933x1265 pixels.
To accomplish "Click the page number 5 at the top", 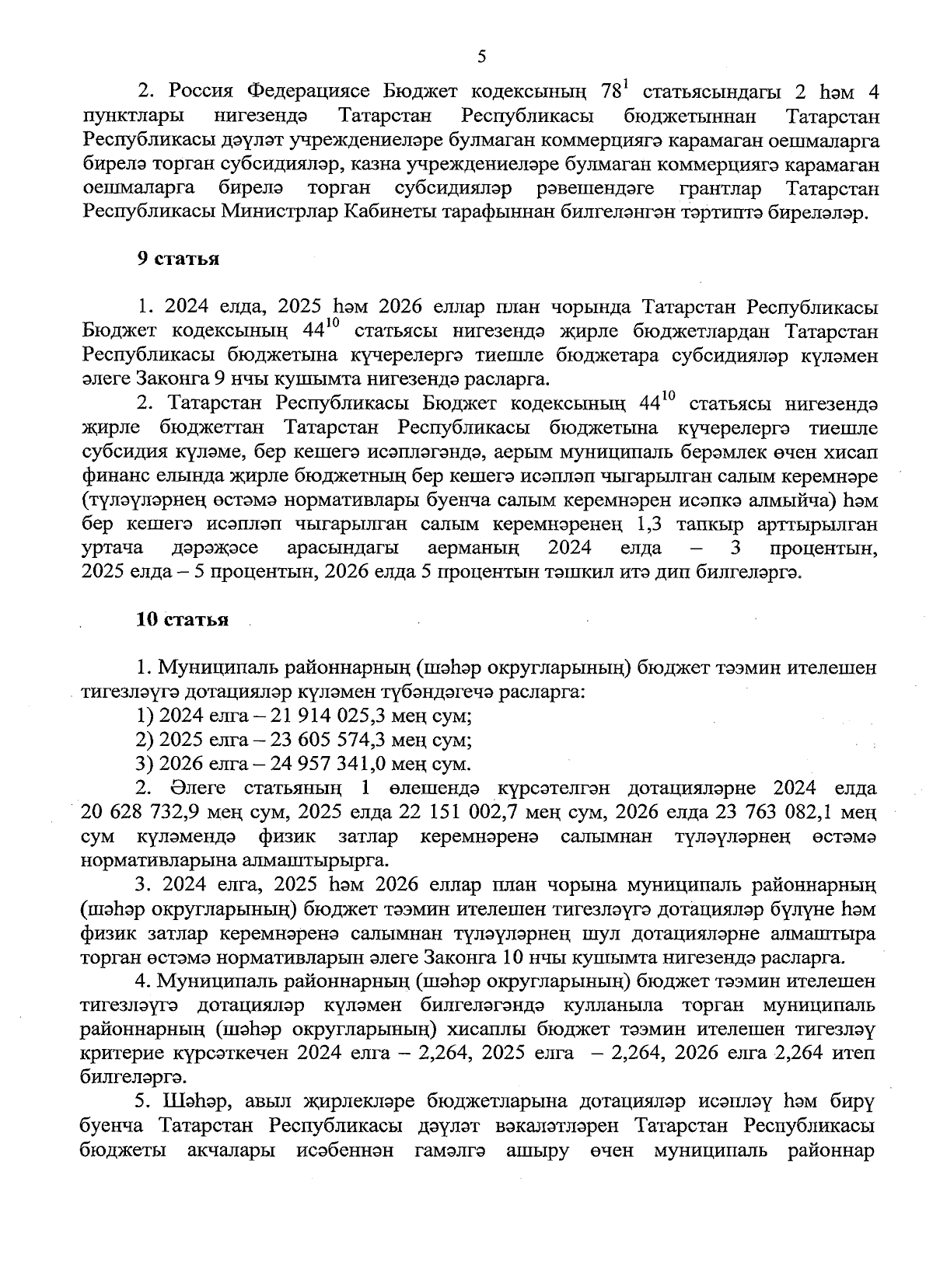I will point(481,56).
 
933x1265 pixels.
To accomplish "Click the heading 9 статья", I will point(178,259).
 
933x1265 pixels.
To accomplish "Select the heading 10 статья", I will point(182,619).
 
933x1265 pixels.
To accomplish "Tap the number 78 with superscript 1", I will point(612,92).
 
